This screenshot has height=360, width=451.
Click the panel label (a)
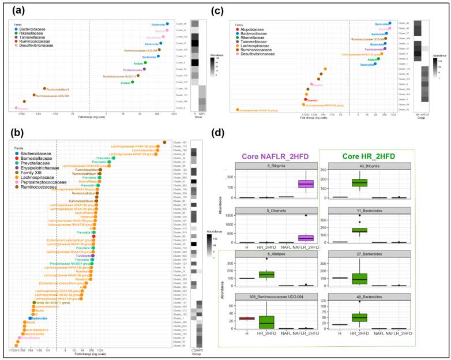coord(16,10)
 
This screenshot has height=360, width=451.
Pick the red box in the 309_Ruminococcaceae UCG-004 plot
coord(246,318)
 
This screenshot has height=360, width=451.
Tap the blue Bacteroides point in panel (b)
coord(30,318)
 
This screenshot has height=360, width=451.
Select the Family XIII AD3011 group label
coord(54,302)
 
